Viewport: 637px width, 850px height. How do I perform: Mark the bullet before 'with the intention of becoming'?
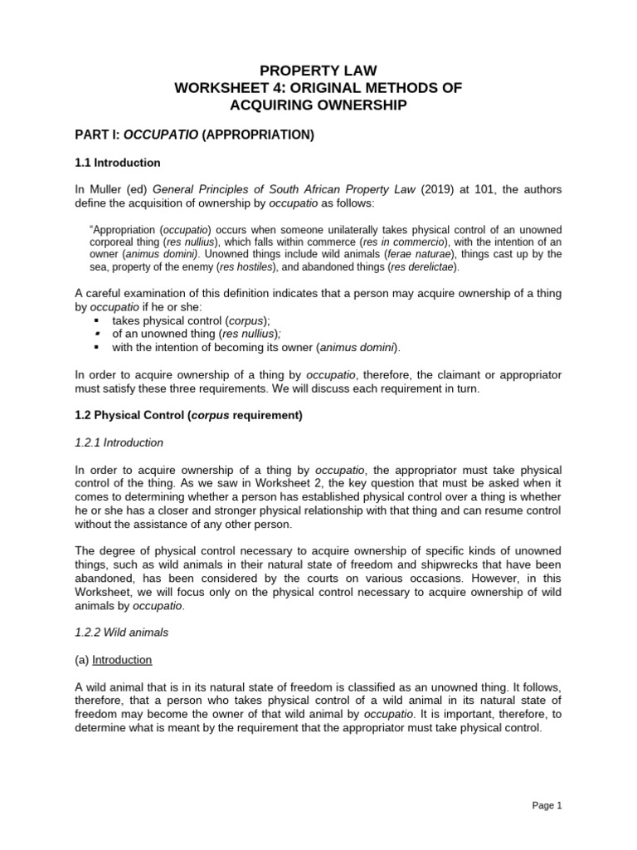tap(97, 347)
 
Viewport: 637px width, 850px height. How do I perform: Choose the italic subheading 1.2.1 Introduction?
tap(119, 442)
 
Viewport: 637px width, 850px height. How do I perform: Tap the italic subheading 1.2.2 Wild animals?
tap(121, 632)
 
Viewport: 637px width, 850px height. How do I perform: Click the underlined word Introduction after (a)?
tap(122, 659)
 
